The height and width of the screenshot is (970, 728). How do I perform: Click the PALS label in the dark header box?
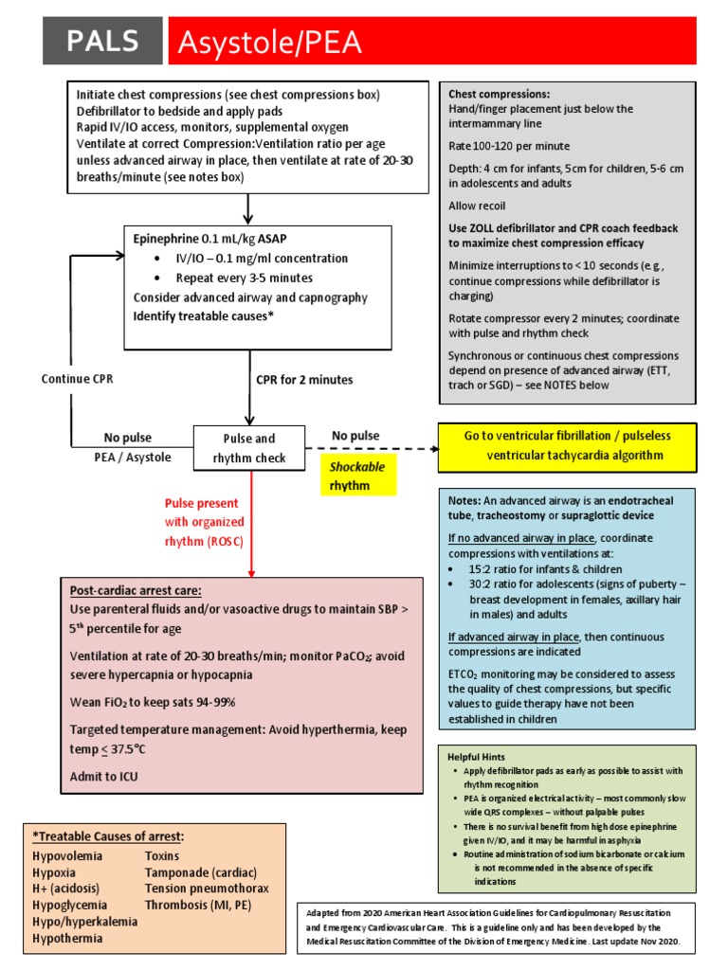102,42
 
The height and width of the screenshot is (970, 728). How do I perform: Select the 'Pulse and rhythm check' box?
249,448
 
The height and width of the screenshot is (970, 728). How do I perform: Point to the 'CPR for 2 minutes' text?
304,379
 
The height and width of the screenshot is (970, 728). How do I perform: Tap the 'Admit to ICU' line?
108,776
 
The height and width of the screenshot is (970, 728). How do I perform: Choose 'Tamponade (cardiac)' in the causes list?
200,871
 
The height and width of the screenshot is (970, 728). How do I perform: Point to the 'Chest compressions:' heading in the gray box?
499,94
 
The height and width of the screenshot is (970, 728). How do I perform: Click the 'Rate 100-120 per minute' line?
509,146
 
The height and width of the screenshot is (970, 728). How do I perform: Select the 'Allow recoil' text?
477,206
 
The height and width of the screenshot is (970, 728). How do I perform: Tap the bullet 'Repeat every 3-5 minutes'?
245,278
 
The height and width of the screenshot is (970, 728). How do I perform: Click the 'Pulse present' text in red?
202,503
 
